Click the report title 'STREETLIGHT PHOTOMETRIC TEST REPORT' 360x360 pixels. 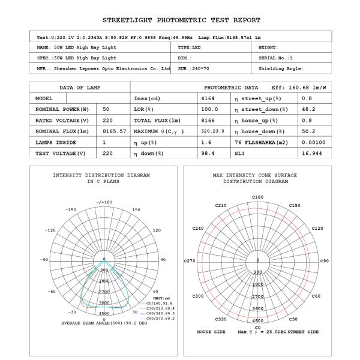180,20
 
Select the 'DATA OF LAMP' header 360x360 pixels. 80,87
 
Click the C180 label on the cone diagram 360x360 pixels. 257,197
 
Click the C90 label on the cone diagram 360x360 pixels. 325,261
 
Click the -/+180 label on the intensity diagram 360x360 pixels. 104,202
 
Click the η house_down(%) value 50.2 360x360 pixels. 308,131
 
